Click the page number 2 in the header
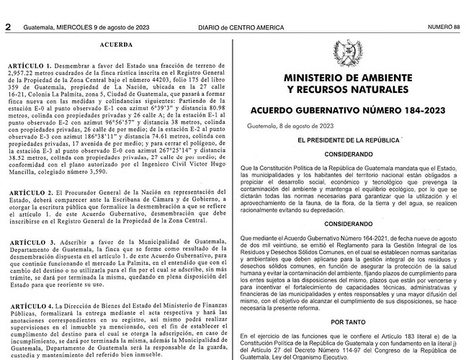point(8,7)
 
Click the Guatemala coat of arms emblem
point(348,53)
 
